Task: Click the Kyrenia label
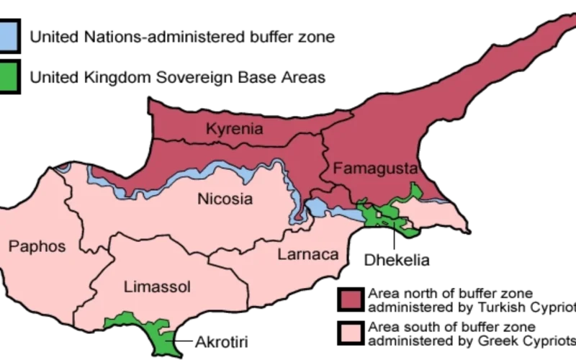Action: pyautogui.click(x=234, y=130)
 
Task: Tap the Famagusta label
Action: pyautogui.click(x=374, y=169)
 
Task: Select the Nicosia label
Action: pyautogui.click(x=225, y=199)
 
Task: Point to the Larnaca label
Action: pyautogui.click(x=307, y=254)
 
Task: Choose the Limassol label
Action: pyautogui.click(x=157, y=287)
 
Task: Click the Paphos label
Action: pyautogui.click(x=36, y=247)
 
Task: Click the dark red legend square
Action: pyautogui.click(x=351, y=300)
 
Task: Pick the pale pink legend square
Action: pyautogui.click(x=351, y=332)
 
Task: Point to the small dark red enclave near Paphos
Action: pyautogui.click(x=63, y=168)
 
